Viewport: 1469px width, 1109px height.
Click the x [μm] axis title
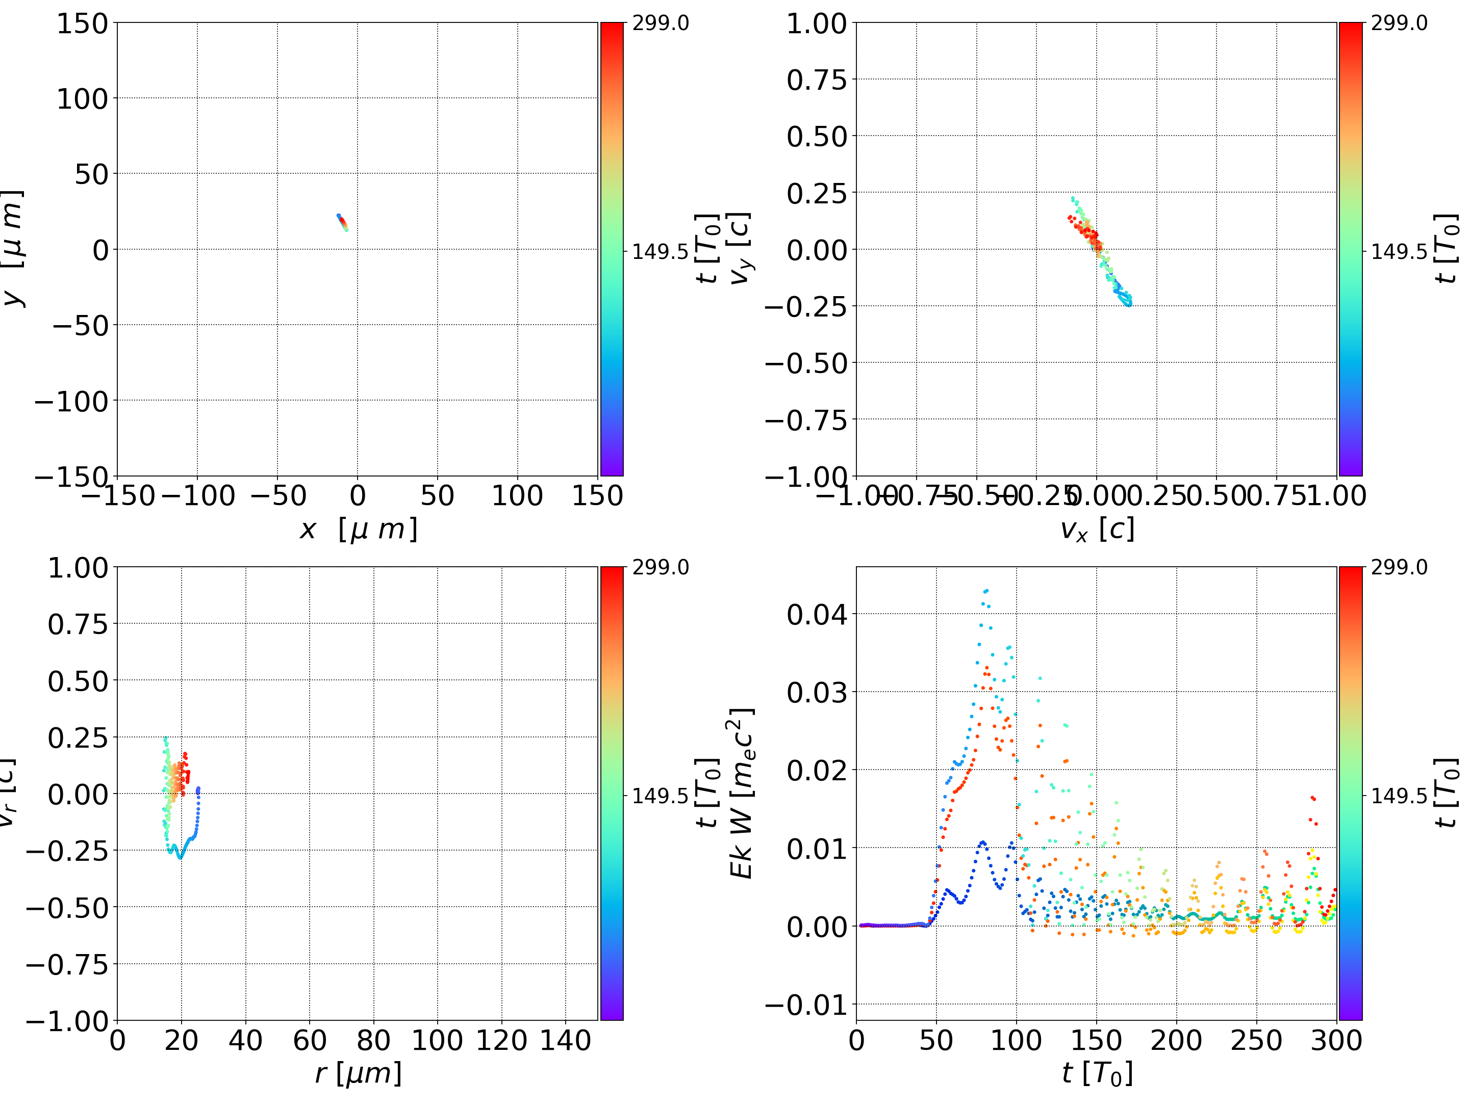(359, 530)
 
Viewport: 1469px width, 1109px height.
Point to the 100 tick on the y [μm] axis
(82, 99)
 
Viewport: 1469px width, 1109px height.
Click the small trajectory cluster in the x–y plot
(342, 222)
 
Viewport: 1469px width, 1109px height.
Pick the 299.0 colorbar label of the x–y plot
(660, 23)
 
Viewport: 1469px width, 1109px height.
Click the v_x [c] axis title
(1097, 530)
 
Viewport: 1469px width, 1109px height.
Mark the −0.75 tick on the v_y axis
(806, 420)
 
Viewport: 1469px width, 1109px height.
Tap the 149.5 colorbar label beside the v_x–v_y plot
(1399, 252)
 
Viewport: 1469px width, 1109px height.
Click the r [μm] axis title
(359, 1073)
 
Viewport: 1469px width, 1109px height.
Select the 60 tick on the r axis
(310, 1040)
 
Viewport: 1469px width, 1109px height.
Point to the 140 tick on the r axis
(565, 1040)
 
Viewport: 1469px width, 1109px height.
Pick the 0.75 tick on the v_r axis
(78, 624)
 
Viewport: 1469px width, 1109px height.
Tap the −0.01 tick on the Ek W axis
(806, 1006)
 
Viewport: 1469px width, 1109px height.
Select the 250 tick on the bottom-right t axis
(1256, 1040)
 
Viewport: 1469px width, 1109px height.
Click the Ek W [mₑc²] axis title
(742, 793)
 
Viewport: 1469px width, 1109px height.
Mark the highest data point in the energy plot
(986, 590)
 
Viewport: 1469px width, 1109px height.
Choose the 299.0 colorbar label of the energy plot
(1399, 567)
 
